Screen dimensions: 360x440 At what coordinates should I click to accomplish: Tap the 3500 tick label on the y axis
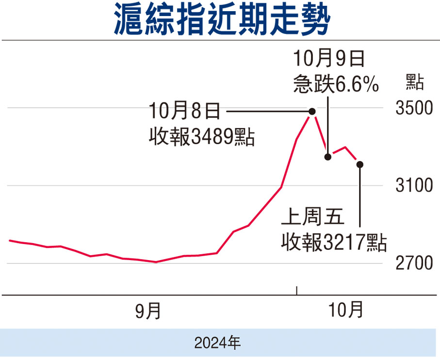pos(414,108)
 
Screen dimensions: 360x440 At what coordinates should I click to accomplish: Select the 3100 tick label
pos(414,186)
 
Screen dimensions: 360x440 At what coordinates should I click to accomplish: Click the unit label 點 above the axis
pos(414,82)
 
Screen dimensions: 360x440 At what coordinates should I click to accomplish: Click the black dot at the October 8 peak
pos(312,112)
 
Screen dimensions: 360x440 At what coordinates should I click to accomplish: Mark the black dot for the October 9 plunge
pos(328,156)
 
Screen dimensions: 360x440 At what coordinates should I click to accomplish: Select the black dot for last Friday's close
pos(360,164)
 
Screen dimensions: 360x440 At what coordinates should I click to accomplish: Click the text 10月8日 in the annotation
pos(185,112)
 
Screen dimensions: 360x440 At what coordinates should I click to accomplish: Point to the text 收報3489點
pos(202,137)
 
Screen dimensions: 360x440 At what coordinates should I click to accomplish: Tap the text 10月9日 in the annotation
pos(329,61)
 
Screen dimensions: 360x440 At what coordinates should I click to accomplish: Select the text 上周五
pos(313,218)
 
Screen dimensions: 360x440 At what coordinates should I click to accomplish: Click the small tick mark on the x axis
pos(297,290)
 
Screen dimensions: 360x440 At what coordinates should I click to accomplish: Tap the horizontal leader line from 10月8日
pos(267,112)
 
